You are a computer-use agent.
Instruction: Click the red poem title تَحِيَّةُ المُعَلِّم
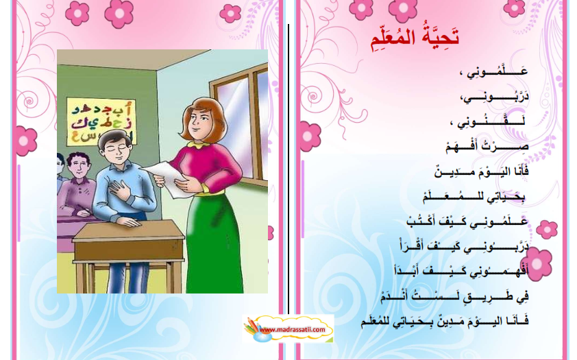[415, 38]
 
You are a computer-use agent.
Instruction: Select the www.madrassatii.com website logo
[288, 328]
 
